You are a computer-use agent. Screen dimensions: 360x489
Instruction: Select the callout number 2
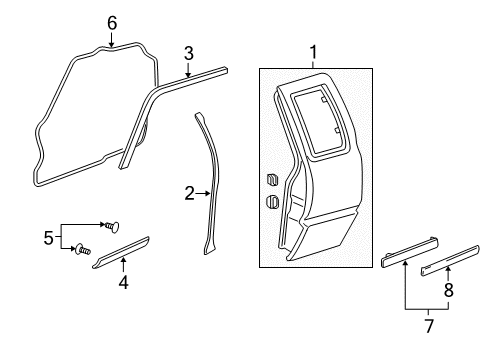pos(188,192)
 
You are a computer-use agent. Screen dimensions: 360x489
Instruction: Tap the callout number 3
pos(187,52)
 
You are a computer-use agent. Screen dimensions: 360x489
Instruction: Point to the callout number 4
pos(123,282)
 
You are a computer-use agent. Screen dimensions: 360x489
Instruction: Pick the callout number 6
pos(111,22)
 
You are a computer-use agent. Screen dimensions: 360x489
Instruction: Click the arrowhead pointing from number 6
pos(111,42)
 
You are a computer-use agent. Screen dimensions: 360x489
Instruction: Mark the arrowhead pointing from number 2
pos(206,192)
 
